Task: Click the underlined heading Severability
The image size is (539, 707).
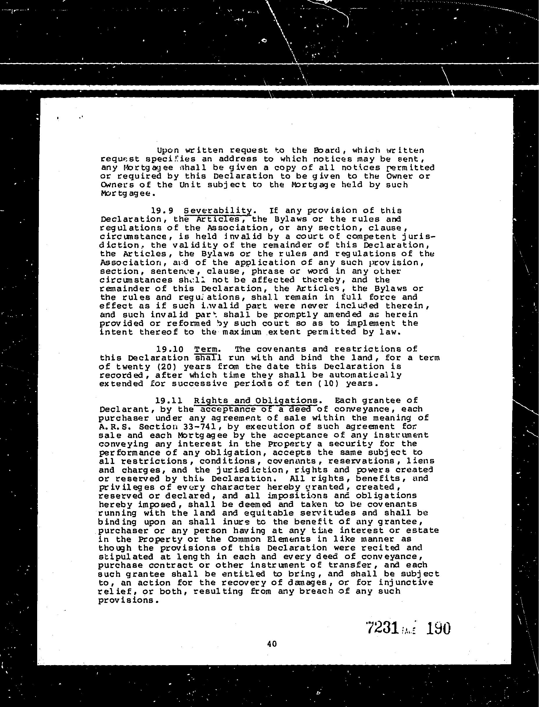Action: [218, 211]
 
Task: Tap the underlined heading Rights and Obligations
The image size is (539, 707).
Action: [256, 400]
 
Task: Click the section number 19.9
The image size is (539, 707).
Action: [162, 211]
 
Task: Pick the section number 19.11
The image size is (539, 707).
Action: [169, 400]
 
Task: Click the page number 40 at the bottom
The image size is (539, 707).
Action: [272, 644]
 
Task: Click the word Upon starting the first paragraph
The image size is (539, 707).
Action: [168, 150]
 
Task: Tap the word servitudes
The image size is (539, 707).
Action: [328, 513]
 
